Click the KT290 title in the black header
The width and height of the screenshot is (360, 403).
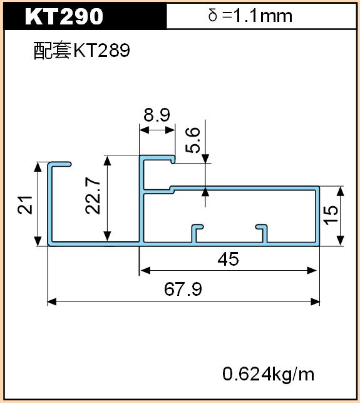pyautogui.click(x=64, y=16)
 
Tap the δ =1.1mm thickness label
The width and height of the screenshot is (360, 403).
pyautogui.click(x=250, y=16)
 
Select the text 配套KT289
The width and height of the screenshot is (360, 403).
pyautogui.click(x=82, y=50)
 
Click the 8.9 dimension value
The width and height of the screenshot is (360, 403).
pyautogui.click(x=157, y=115)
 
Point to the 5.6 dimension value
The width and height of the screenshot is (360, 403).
pyautogui.click(x=192, y=140)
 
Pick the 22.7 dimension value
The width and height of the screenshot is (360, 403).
pyautogui.click(x=93, y=196)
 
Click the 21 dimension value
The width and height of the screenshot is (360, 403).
pyautogui.click(x=25, y=205)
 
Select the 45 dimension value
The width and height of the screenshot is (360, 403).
pyautogui.click(x=228, y=259)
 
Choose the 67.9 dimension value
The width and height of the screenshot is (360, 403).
pyautogui.click(x=183, y=289)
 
